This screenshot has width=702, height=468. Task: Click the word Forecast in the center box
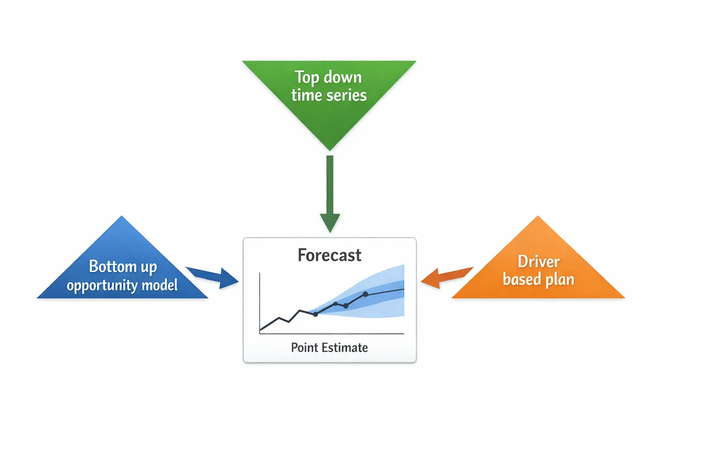coord(329,255)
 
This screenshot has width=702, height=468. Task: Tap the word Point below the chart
coord(304,348)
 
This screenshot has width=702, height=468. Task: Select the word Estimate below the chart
coord(345,348)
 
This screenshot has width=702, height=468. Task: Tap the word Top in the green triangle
coord(306,77)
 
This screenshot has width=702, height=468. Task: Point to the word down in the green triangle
coord(343,77)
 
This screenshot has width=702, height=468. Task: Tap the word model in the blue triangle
coord(160,286)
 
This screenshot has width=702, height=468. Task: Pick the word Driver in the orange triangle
coord(538,262)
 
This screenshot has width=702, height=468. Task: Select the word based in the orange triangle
coord(521,279)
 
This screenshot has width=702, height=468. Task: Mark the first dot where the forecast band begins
coord(315,314)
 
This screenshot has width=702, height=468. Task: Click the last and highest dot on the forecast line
coord(365,294)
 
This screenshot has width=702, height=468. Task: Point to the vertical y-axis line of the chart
coord(260,302)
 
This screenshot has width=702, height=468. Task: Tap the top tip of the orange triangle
coord(538,217)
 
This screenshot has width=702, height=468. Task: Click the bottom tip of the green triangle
coord(330,150)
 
